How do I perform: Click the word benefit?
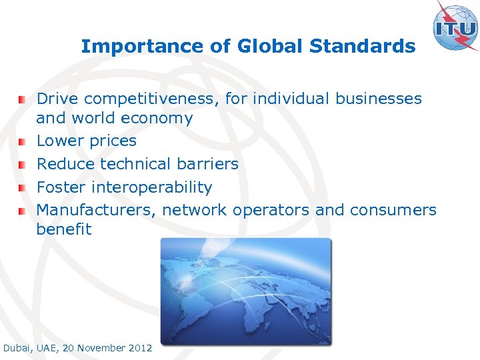64,229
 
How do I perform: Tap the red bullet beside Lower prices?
23,142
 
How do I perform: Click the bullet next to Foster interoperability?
23,188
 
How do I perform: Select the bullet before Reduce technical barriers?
23,165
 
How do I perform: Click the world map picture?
245,291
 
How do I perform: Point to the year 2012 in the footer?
140,348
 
